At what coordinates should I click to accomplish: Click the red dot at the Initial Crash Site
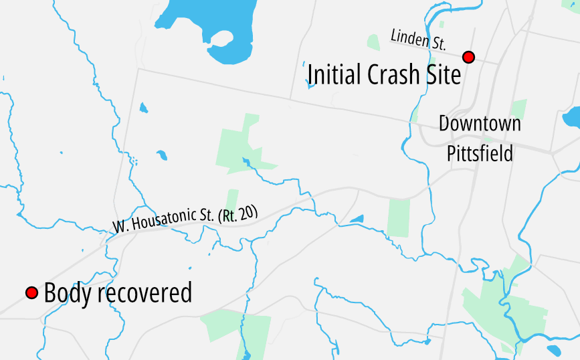pos(468,57)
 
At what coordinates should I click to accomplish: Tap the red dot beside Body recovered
pos(31,293)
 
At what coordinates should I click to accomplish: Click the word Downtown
pos(480,124)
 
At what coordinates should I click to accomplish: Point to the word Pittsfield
pos(480,153)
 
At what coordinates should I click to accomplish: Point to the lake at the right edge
pos(572,117)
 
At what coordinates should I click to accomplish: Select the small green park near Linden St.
pos(373,41)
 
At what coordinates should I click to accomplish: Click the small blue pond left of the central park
pos(161,156)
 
